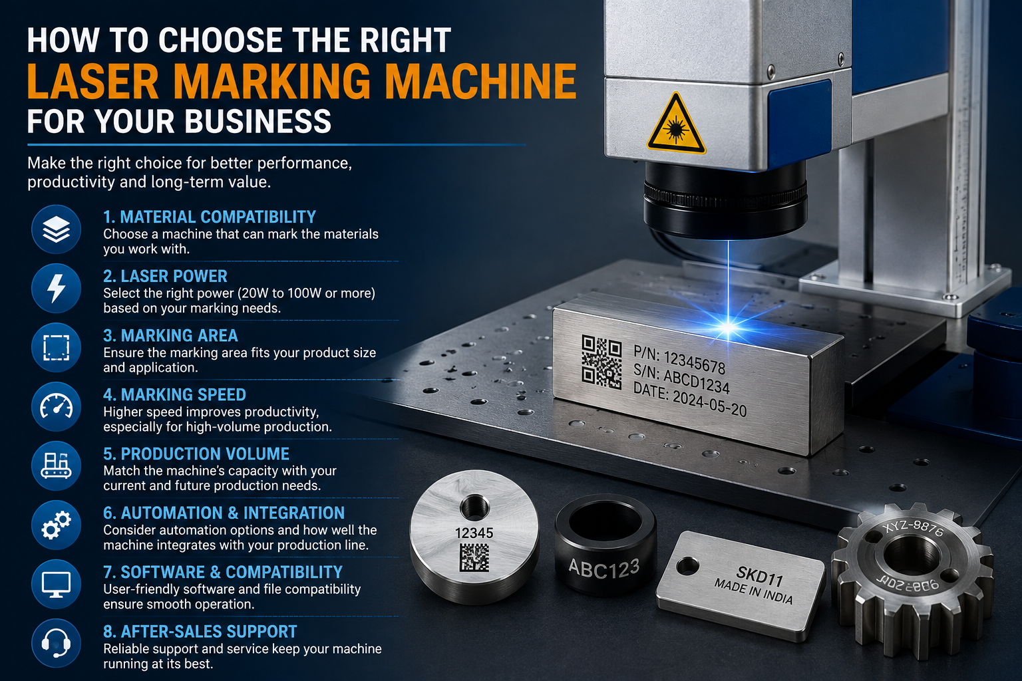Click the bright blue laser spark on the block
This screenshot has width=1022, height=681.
pos(728,327)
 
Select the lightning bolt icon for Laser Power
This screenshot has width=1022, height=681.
pos(56,288)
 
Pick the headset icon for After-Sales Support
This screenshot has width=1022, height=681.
pos(56,643)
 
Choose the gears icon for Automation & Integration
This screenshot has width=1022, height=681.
pos(56,525)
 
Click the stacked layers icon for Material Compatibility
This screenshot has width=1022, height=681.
pos(56,229)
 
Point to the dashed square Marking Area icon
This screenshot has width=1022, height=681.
pos(56,348)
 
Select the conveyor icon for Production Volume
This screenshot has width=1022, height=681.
pos(56,466)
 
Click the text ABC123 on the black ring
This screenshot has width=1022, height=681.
pos(604,569)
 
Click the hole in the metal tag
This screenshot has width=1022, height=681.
pos(687,566)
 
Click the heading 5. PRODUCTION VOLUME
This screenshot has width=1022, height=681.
pos(196,454)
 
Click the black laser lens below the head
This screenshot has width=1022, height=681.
pos(725,201)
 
